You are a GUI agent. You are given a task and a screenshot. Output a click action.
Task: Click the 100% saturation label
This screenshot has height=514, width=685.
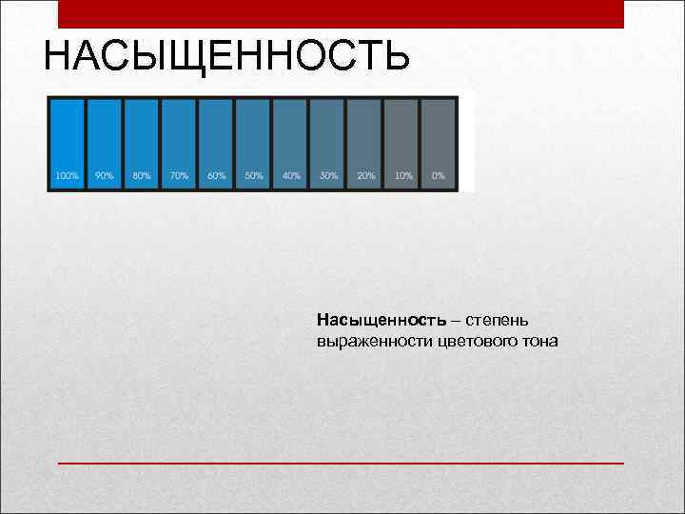pyautogui.click(x=67, y=176)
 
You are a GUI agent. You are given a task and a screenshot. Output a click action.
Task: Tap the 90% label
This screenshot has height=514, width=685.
pyautogui.click(x=105, y=176)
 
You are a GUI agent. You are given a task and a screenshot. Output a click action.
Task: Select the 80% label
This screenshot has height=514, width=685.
pyautogui.click(x=142, y=176)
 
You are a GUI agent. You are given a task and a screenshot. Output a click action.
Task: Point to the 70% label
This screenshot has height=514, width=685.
pyautogui.click(x=179, y=176)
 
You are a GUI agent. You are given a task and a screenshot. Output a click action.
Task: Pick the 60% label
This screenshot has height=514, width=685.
pyautogui.click(x=216, y=176)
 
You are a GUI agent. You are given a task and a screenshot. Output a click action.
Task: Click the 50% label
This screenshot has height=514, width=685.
pyautogui.click(x=253, y=176)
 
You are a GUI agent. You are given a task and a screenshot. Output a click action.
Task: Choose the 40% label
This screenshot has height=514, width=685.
pyautogui.click(x=291, y=176)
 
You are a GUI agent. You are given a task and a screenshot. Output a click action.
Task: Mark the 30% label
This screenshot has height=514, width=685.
pyautogui.click(x=328, y=176)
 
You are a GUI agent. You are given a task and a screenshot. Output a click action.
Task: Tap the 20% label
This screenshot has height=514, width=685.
pyautogui.click(x=365, y=176)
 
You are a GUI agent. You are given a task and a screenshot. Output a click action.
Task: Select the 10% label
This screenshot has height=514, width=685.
pyautogui.click(x=403, y=176)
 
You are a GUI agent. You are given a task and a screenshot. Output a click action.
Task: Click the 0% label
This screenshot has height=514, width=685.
pyautogui.click(x=439, y=176)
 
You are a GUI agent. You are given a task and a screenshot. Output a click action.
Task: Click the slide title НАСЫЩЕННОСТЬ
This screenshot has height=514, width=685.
pyautogui.click(x=226, y=56)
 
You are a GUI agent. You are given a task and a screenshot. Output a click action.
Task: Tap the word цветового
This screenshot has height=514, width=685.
pyautogui.click(x=480, y=340)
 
